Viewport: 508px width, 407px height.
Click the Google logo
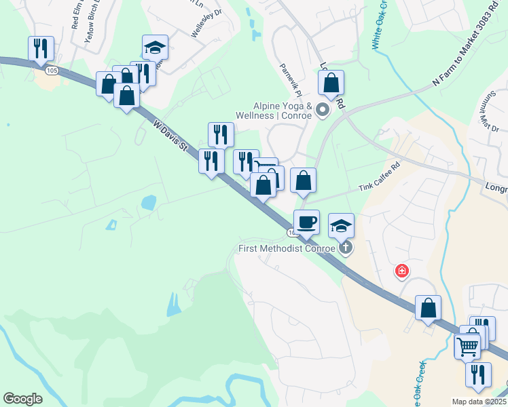23,399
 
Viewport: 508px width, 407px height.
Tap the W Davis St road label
170,136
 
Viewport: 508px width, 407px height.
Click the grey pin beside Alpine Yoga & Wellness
323,109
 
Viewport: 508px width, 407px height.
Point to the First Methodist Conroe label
287,248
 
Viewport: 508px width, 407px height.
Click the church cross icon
346,247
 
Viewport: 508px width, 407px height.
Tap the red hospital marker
402,272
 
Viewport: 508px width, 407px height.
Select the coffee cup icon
306,222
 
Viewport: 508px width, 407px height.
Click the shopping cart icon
467,346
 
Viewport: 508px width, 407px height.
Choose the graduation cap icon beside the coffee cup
341,225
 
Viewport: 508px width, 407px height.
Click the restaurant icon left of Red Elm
41,48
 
